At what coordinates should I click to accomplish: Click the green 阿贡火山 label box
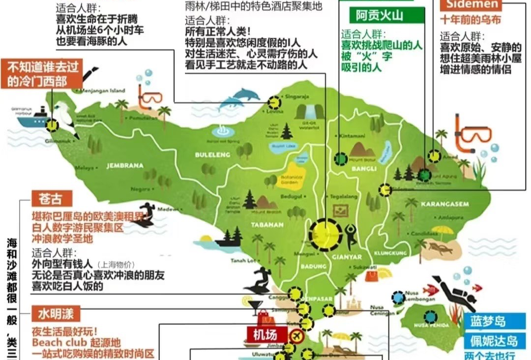[380, 15]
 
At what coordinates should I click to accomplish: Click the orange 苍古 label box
[52, 199]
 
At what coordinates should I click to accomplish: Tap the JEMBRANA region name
[125, 166]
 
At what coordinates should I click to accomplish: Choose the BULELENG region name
[213, 154]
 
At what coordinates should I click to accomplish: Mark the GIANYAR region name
[347, 257]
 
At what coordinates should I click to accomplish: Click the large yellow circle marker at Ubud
[325, 235]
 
